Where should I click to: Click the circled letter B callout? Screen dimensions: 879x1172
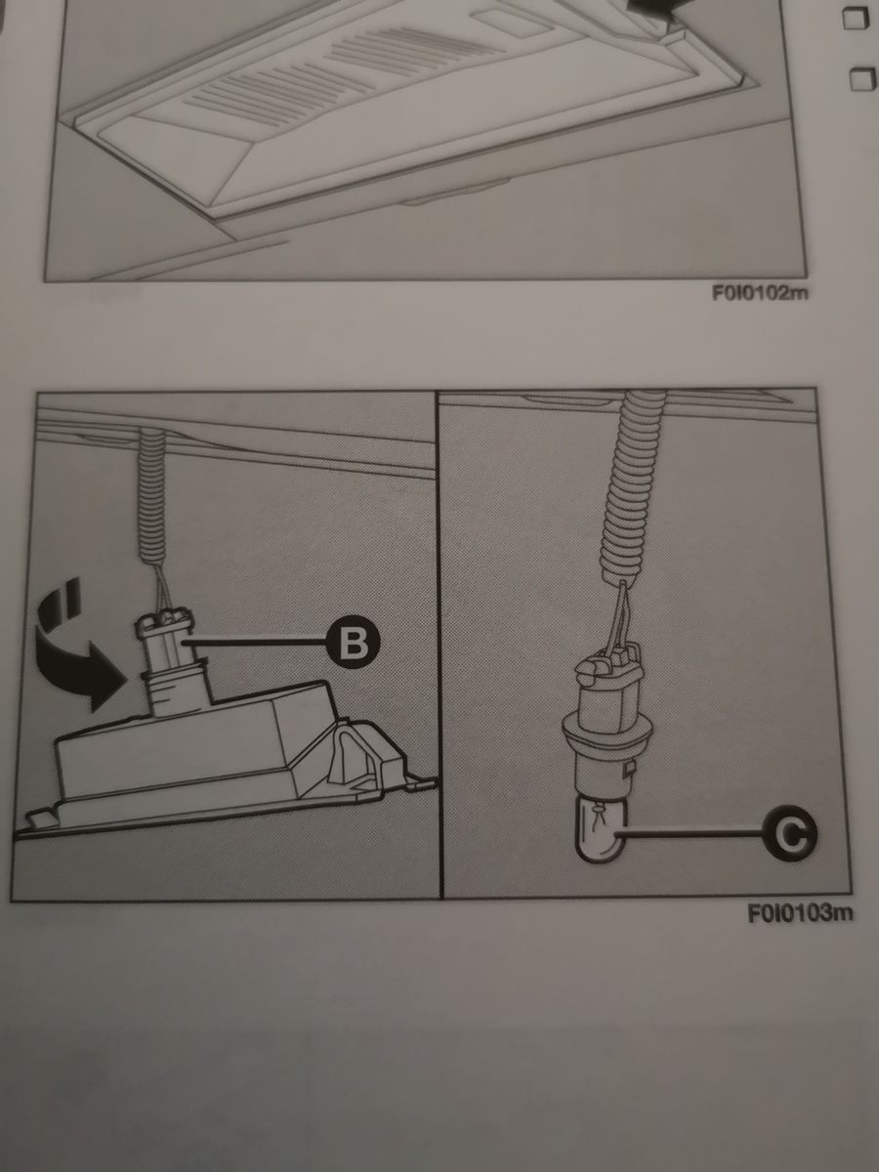[353, 643]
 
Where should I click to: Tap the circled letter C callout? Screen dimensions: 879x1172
[789, 833]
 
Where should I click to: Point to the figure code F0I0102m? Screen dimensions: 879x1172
[760, 293]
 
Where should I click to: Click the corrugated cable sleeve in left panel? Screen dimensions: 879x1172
[152, 496]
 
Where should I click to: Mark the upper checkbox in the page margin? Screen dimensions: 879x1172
[856, 18]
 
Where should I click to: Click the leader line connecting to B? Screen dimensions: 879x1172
[255, 643]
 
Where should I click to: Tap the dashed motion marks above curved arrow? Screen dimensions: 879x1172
[62, 603]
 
